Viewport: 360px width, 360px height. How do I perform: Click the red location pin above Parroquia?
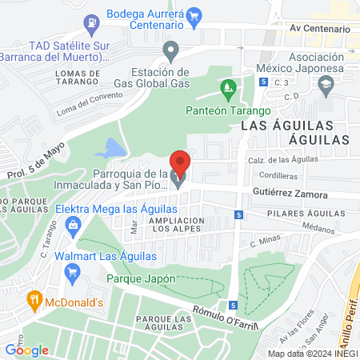(180, 163)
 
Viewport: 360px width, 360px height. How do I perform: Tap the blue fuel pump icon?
(93, 20)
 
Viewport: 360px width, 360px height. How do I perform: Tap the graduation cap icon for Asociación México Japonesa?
(326, 84)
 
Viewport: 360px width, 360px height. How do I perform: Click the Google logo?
(26, 350)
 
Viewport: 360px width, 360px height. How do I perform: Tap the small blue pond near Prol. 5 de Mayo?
(110, 149)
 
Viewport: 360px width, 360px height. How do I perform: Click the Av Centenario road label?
(320, 29)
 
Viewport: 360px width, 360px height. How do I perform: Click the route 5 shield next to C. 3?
(263, 82)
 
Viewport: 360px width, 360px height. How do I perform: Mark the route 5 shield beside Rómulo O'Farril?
(232, 305)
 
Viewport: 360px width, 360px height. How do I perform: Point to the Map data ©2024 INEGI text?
(311, 353)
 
